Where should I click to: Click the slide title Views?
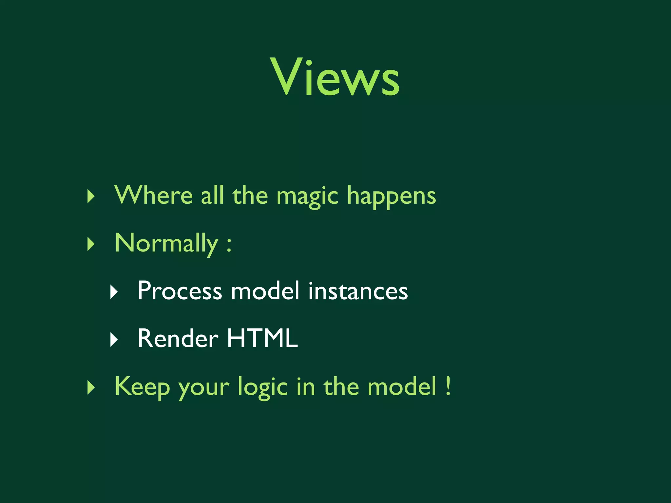[335, 77]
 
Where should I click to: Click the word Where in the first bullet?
[153, 196]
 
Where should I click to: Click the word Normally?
[166, 244]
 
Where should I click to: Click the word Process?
[180, 291]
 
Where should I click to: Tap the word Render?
[178, 339]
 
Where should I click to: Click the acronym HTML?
[262, 339]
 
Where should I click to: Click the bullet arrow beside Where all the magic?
[91, 196]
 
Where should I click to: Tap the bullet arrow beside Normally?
[91, 244]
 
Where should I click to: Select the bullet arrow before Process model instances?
[114, 292]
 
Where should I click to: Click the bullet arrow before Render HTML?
[114, 340]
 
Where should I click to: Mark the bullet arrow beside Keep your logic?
[91, 388]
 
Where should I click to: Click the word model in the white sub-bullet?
[265, 291]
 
